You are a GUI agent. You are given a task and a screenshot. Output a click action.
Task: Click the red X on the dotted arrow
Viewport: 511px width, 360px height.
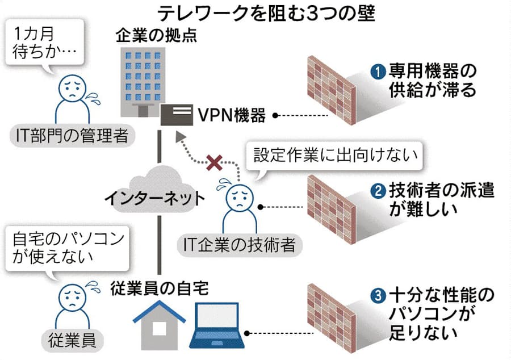[x=214, y=164]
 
